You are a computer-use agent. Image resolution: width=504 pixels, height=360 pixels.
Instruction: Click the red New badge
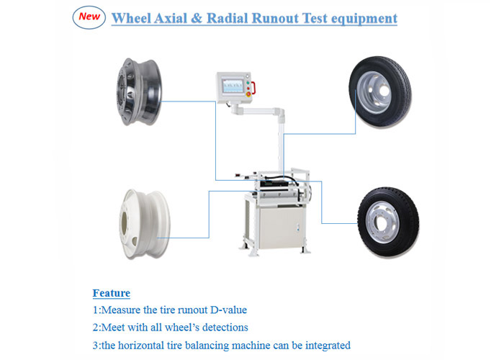click(89, 17)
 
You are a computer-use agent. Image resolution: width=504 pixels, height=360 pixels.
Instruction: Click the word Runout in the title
click(275, 18)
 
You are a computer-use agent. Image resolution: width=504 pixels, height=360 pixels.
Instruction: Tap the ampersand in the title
click(197, 18)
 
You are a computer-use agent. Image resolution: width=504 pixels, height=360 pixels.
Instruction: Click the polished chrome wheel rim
click(139, 91)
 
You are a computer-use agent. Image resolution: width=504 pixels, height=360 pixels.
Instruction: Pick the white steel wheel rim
click(144, 224)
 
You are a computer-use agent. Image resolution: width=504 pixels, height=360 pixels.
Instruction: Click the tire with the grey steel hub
click(380, 92)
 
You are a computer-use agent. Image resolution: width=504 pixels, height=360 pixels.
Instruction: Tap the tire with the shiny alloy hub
click(388, 222)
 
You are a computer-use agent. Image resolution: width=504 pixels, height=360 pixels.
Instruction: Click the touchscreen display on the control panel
click(233, 86)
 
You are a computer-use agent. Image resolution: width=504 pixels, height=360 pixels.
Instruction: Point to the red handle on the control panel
click(253, 88)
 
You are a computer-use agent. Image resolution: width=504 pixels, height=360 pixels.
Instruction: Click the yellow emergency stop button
click(248, 94)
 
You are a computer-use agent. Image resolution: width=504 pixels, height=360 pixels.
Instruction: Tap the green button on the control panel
click(248, 83)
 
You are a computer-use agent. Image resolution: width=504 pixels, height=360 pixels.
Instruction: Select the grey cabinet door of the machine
click(281, 228)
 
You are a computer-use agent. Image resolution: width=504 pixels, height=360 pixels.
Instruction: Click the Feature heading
click(111, 293)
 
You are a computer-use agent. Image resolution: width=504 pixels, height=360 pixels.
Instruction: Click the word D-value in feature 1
click(228, 310)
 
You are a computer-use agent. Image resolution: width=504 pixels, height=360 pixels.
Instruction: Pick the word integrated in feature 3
click(328, 346)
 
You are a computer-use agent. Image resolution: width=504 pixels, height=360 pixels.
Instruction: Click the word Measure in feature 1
click(121, 310)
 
